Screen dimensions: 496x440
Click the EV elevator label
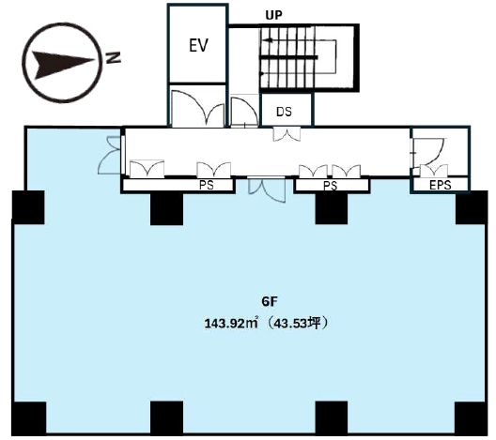(x=198, y=45)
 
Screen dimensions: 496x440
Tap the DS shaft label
(x=284, y=112)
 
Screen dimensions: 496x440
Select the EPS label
(x=440, y=185)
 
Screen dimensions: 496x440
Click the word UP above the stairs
(x=273, y=15)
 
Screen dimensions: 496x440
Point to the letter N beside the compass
(x=114, y=57)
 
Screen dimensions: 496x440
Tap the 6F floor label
(x=270, y=302)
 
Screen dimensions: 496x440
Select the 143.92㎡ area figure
(x=230, y=324)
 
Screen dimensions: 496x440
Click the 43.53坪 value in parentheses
(x=296, y=324)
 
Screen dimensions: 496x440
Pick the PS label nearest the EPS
(x=330, y=186)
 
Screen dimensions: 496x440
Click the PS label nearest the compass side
(x=207, y=185)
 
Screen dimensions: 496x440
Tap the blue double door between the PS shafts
(x=267, y=189)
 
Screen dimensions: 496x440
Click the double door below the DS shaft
(x=287, y=134)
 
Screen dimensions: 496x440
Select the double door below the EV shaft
(x=198, y=108)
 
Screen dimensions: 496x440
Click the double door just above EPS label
(x=434, y=171)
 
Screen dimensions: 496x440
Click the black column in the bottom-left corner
(x=29, y=417)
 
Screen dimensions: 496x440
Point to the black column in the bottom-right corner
(x=470, y=417)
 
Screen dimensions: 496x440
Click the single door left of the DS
(x=244, y=112)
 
